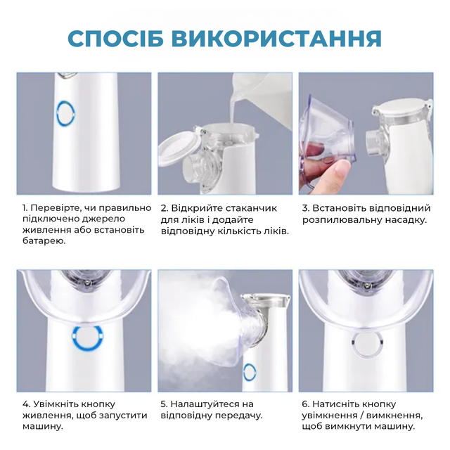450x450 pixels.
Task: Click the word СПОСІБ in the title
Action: [115, 38]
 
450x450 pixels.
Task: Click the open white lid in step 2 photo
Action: [178, 149]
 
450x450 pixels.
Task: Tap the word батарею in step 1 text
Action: [44, 241]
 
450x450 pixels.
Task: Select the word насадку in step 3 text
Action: [406, 220]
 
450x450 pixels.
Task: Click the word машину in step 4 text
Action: [42, 427]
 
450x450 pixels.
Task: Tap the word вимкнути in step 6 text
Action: [349, 427]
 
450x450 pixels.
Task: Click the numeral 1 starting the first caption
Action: [25, 208]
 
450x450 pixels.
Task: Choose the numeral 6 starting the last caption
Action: [304, 404]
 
